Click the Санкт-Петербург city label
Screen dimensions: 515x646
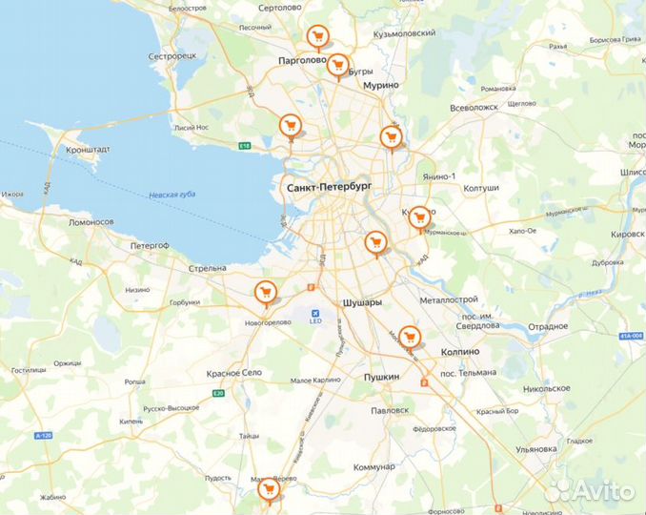click(x=329, y=189)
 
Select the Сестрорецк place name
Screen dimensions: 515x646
click(x=172, y=56)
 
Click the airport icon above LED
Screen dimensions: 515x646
click(x=315, y=311)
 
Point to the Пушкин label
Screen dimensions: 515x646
click(x=382, y=378)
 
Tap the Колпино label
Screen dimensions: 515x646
click(x=460, y=351)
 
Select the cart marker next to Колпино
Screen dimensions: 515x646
click(x=410, y=337)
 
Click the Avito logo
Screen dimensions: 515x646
click(x=592, y=490)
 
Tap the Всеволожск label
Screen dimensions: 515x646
click(x=500, y=107)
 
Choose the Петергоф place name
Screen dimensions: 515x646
click(x=150, y=245)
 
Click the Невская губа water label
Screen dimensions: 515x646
click(x=172, y=196)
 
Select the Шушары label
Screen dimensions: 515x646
click(x=361, y=302)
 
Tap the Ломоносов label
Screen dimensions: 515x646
click(x=91, y=222)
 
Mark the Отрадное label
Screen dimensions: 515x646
click(x=548, y=326)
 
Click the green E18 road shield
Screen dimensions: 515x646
click(x=245, y=146)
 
